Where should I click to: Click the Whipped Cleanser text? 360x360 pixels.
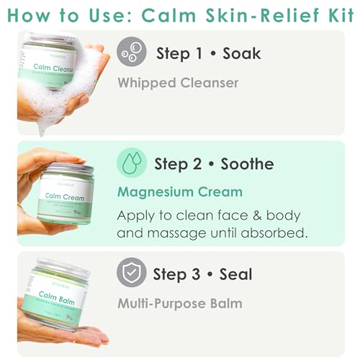click(177, 84)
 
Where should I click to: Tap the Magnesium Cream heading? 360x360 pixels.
click(179, 192)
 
